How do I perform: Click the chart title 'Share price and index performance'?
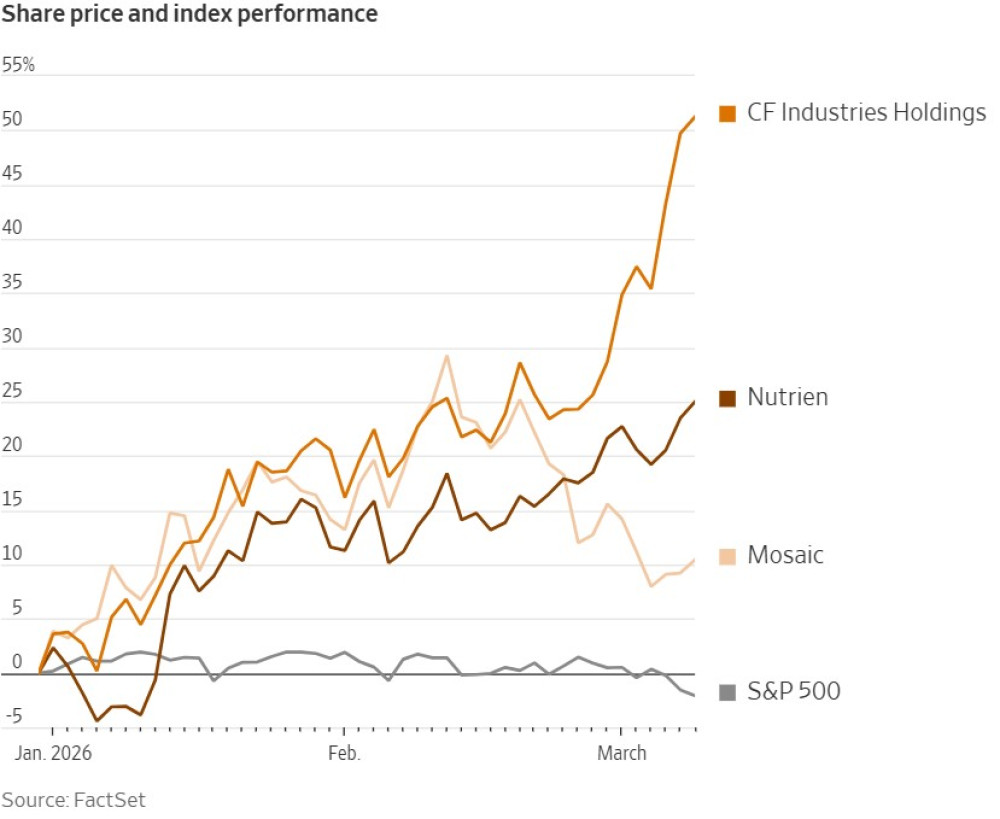point(189,14)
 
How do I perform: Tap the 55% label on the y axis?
point(19,65)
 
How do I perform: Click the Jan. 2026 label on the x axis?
point(53,753)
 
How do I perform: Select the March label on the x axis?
point(622,753)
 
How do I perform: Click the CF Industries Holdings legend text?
point(867,112)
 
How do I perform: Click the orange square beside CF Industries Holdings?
point(728,113)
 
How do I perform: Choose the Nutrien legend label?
point(788,397)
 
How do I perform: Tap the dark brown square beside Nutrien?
point(728,398)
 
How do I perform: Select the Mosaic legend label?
point(786,555)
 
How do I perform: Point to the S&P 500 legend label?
point(794,690)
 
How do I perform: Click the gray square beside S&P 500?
point(728,691)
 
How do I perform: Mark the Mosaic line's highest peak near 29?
point(447,356)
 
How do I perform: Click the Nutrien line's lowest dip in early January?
point(97,720)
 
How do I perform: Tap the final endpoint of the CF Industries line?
point(694,117)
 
